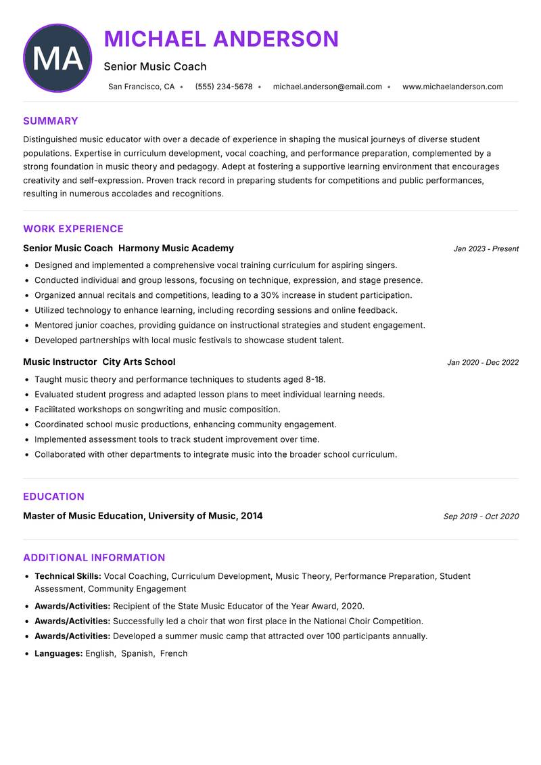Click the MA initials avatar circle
57,58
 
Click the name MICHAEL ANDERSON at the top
221,39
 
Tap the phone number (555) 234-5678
224,87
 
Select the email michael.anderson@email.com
327,87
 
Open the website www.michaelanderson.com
452,87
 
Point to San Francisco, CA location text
141,87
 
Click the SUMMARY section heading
51,121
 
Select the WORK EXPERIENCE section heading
73,229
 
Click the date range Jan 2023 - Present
486,249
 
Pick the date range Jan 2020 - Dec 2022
483,363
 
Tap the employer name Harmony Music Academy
176,248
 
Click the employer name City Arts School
139,362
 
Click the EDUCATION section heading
53,496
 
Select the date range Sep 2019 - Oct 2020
481,517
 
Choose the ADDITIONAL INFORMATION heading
94,558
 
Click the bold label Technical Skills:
68,576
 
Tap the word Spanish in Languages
137,654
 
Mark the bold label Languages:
59,654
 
